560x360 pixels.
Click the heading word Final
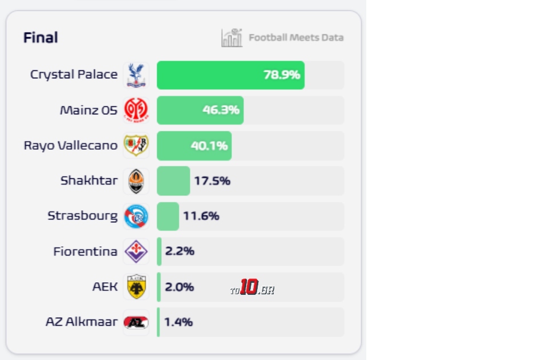point(41,38)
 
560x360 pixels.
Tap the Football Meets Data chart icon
point(232,38)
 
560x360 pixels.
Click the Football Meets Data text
point(296,38)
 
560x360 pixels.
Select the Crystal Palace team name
point(74,75)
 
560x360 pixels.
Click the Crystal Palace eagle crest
point(136,75)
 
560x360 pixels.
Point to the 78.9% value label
point(281,75)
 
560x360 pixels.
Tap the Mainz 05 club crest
point(136,110)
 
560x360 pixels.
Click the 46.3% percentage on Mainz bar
point(221,110)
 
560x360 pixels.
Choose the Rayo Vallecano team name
point(70,145)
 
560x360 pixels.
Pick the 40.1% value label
point(209,146)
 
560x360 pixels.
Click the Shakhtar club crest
point(136,181)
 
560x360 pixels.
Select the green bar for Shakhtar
point(173,181)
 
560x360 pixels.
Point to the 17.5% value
point(212,181)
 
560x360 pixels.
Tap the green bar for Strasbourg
point(168,217)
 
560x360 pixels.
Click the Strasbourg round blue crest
point(136,217)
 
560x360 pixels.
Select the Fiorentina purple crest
point(136,251)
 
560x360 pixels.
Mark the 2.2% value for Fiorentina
point(179,251)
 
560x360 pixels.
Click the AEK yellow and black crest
point(136,287)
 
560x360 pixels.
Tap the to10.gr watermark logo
point(252,288)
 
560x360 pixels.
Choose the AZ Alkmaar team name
point(81,322)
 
